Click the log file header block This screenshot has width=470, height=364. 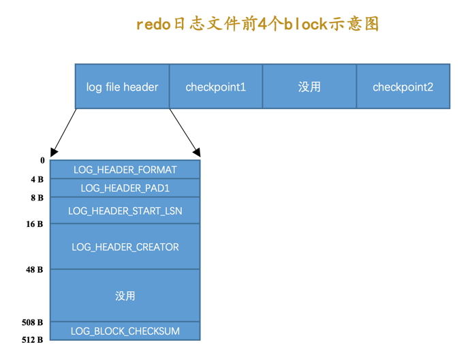(122, 87)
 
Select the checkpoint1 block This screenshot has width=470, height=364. (215, 87)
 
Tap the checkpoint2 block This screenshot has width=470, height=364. (403, 87)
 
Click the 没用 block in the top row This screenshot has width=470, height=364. (309, 87)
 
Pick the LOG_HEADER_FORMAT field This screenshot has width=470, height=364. (125, 170)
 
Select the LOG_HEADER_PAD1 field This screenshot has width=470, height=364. (125, 188)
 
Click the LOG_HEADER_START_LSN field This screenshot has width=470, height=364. (125, 211)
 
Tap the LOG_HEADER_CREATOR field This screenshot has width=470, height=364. (125, 247)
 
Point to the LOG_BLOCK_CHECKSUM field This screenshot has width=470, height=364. (125, 331)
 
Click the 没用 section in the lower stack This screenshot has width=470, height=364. (125, 295)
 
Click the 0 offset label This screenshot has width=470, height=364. (42, 161)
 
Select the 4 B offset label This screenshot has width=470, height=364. (37, 180)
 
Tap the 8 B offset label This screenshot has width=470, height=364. (37, 198)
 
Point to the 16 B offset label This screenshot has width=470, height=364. (35, 224)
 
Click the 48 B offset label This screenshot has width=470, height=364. (35, 270)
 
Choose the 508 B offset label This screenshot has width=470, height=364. (33, 322)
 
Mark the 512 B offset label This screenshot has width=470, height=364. (33, 339)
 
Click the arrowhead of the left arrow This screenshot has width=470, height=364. (54, 153)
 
